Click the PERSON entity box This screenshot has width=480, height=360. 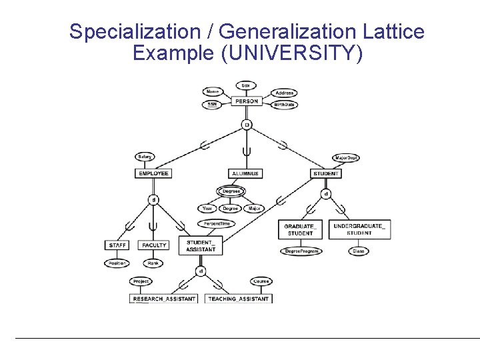pos(246,101)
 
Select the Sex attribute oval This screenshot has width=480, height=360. pos(246,85)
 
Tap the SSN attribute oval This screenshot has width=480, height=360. pos(212,104)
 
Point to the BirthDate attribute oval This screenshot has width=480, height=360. pos(285,105)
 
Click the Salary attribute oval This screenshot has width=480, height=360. pos(145,157)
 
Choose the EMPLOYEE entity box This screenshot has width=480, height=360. pos(153,173)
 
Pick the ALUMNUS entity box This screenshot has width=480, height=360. pos(245,173)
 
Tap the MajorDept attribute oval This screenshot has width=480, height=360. pos(345,158)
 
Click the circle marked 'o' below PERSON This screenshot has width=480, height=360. pos(246,125)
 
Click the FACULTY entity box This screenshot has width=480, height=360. pos(153,245)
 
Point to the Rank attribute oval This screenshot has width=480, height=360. pos(154,263)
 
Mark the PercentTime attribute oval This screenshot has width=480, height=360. pos(216,224)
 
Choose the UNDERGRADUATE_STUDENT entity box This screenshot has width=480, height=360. pos(359,230)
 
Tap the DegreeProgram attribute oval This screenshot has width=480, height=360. pos(301,251)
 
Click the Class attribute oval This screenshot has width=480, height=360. pos(358,251)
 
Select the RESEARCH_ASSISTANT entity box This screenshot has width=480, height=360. pos(164,299)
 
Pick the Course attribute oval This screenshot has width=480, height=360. pos(261,281)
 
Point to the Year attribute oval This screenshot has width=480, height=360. pos(207,209)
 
